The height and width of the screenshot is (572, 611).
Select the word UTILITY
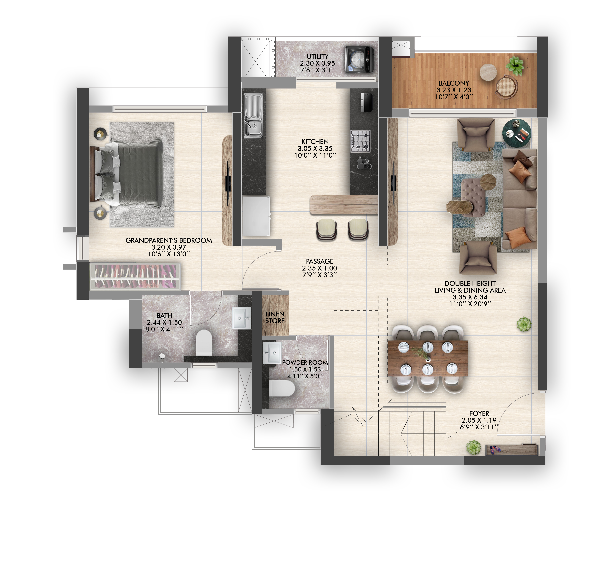pos(317,56)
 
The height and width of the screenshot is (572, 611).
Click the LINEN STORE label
pos(275,317)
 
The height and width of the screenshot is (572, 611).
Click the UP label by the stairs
pos(452,434)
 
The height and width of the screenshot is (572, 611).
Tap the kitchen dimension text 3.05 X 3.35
pos(315,148)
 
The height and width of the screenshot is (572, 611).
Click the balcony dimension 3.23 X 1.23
pos(454,90)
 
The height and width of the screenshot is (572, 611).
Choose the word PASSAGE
pos(320,261)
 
